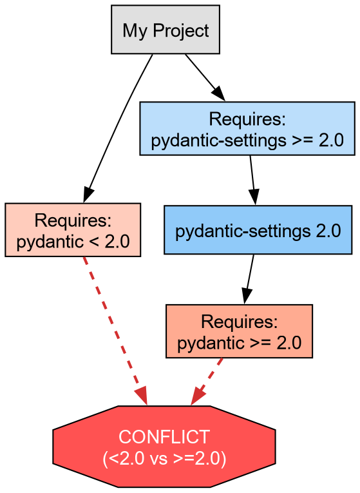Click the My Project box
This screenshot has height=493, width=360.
[166, 30]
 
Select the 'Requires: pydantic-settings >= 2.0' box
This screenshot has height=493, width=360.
[247, 128]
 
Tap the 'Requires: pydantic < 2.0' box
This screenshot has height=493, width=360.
[73, 230]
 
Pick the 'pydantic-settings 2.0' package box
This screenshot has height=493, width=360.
[258, 230]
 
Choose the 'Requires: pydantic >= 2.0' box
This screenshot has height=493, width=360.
[239, 331]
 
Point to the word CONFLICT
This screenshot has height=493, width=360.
[164, 437]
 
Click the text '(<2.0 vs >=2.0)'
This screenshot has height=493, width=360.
[164, 458]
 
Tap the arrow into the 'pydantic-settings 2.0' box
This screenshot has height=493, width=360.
[252, 180]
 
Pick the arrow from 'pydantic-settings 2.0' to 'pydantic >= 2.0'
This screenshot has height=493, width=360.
[249, 279]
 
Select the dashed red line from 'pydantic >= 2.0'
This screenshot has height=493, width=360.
[209, 378]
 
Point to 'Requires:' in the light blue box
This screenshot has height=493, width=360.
[247, 119]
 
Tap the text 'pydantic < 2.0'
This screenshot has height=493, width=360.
[73, 242]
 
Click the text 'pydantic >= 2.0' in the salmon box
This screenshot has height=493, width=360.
[239, 343]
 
